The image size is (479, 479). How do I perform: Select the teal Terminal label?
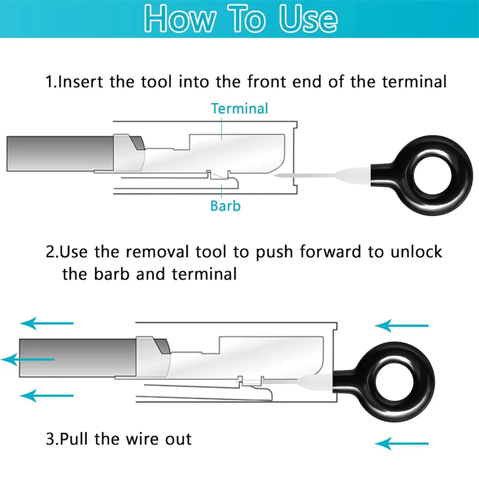click(239, 108)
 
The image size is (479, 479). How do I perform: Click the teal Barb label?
click(225, 206)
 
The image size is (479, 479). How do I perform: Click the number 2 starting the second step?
click(50, 252)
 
